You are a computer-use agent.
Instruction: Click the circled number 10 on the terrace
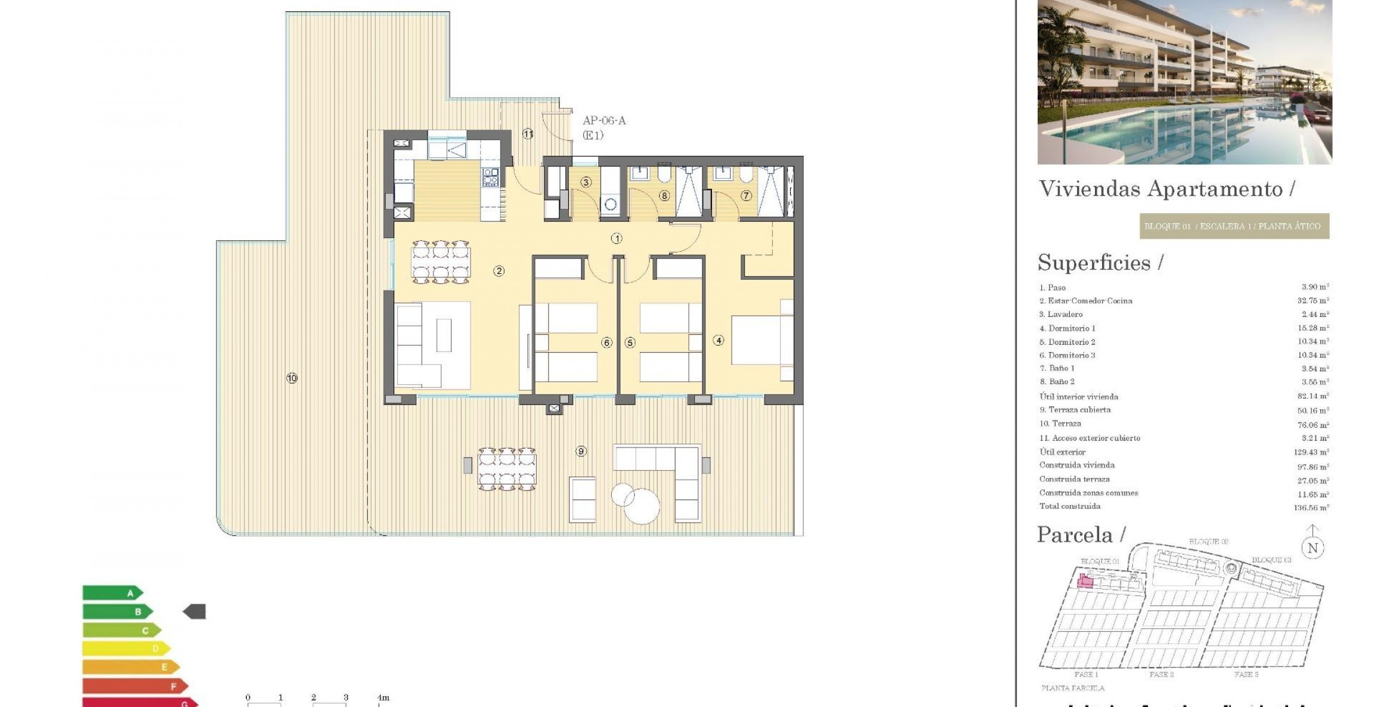tap(292, 378)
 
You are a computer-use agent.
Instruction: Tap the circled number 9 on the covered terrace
tap(581, 452)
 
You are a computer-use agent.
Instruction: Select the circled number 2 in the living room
tap(499, 271)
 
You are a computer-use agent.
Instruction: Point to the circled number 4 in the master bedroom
tap(719, 341)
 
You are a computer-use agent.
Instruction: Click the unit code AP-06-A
tap(604, 121)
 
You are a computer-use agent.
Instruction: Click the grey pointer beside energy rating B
tap(194, 612)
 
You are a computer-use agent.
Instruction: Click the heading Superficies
tap(1094, 263)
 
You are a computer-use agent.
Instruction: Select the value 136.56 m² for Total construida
tap(1311, 508)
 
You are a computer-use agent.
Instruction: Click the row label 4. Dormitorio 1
tap(1067, 328)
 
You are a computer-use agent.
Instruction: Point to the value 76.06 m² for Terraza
tap(1311, 425)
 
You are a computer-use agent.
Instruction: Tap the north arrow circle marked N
tap(1313, 548)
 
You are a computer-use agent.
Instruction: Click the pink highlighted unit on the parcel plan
tap(1085, 581)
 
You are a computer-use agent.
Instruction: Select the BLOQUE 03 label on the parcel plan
tap(1271, 560)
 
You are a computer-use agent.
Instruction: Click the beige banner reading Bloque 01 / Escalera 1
tap(1234, 227)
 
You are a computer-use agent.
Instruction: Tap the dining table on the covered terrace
tap(506, 469)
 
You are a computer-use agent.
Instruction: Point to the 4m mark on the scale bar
tap(383, 697)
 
